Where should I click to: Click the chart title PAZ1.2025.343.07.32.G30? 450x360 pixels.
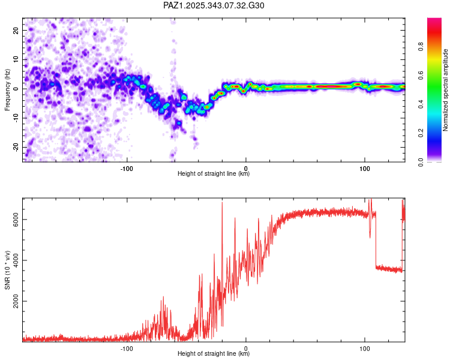(x=214, y=5)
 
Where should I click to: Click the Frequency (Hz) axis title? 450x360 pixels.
(x=8, y=90)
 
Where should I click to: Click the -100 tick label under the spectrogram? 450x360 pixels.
(x=126, y=168)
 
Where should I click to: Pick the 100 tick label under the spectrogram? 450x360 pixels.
(x=364, y=168)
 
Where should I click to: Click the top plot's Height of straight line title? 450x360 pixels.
(x=214, y=174)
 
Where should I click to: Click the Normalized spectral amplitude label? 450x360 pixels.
(x=446, y=90)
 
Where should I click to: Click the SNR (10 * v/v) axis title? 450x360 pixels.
(x=8, y=270)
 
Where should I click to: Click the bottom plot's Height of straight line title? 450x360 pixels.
(x=214, y=354)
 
